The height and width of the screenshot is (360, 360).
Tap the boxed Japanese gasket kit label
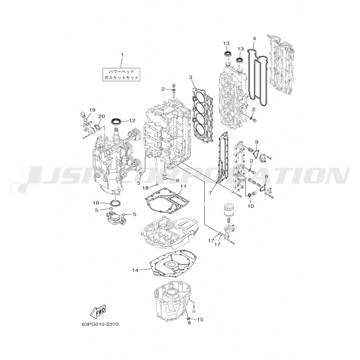tap(121, 75)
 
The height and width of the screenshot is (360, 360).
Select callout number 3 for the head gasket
tap(190, 77)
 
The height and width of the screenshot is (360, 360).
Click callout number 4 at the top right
tap(254, 39)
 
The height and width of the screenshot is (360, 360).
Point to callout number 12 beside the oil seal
tap(132, 120)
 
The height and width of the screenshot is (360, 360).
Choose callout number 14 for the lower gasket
tap(135, 270)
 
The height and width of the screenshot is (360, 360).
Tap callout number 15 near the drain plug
tap(201, 319)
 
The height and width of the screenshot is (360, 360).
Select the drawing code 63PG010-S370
tap(100, 325)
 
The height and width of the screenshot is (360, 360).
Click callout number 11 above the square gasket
tap(183, 186)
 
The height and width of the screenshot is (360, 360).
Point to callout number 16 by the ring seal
tap(96, 203)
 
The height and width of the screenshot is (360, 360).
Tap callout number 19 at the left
tap(92, 110)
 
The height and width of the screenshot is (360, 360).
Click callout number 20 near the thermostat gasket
tap(102, 116)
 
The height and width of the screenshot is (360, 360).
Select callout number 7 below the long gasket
tap(210, 192)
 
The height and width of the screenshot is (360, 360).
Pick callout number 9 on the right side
tap(256, 141)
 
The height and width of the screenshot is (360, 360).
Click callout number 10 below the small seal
tap(251, 206)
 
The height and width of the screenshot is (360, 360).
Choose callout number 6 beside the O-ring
tap(177, 181)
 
